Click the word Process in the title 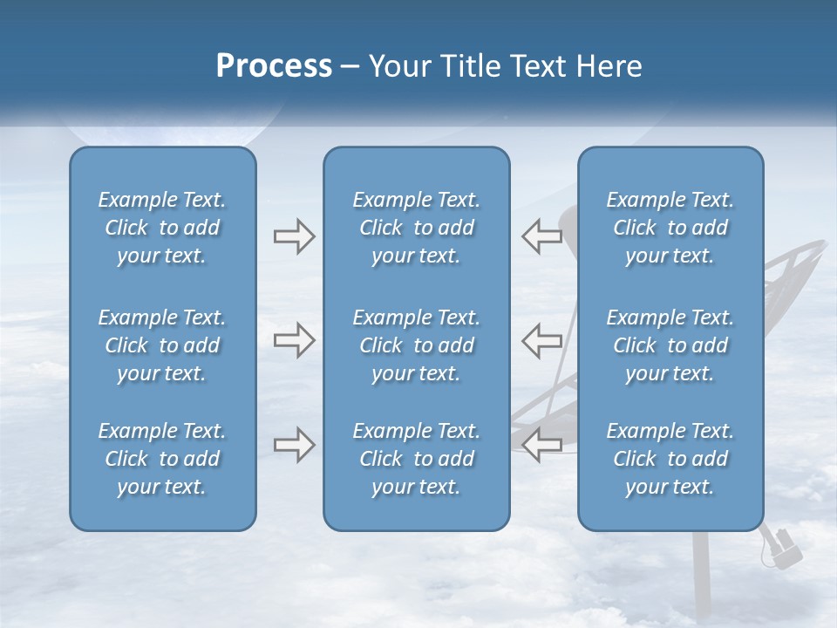pos(274,66)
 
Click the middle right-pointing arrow pos(295,340)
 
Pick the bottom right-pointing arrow pos(295,445)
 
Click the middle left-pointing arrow pos(541,340)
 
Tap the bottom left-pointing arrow pos(541,445)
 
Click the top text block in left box pos(162,228)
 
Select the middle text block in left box pos(162,345)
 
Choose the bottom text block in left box pos(162,459)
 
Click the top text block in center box pos(416,228)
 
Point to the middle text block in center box pos(416,345)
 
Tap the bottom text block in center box pos(416,459)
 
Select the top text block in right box pos(670,228)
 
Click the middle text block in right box pos(670,345)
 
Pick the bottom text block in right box pos(670,459)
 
